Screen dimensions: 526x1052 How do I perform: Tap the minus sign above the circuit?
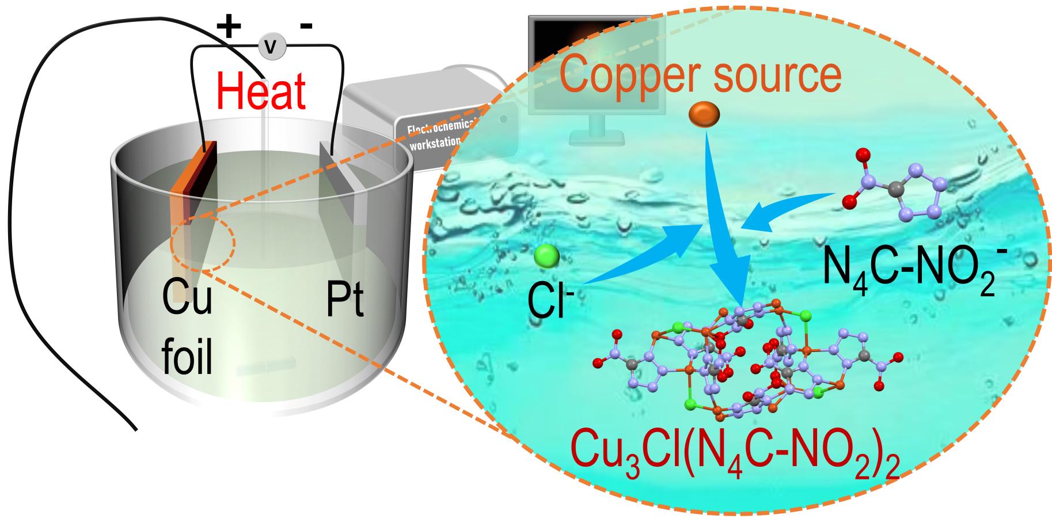307,26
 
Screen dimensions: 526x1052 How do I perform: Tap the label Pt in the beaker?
344,300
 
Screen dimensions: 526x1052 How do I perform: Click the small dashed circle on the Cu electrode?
202,245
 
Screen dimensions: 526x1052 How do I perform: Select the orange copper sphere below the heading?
704,114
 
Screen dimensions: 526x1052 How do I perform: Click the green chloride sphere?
546,256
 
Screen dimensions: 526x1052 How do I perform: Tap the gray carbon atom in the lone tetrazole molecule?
894,188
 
